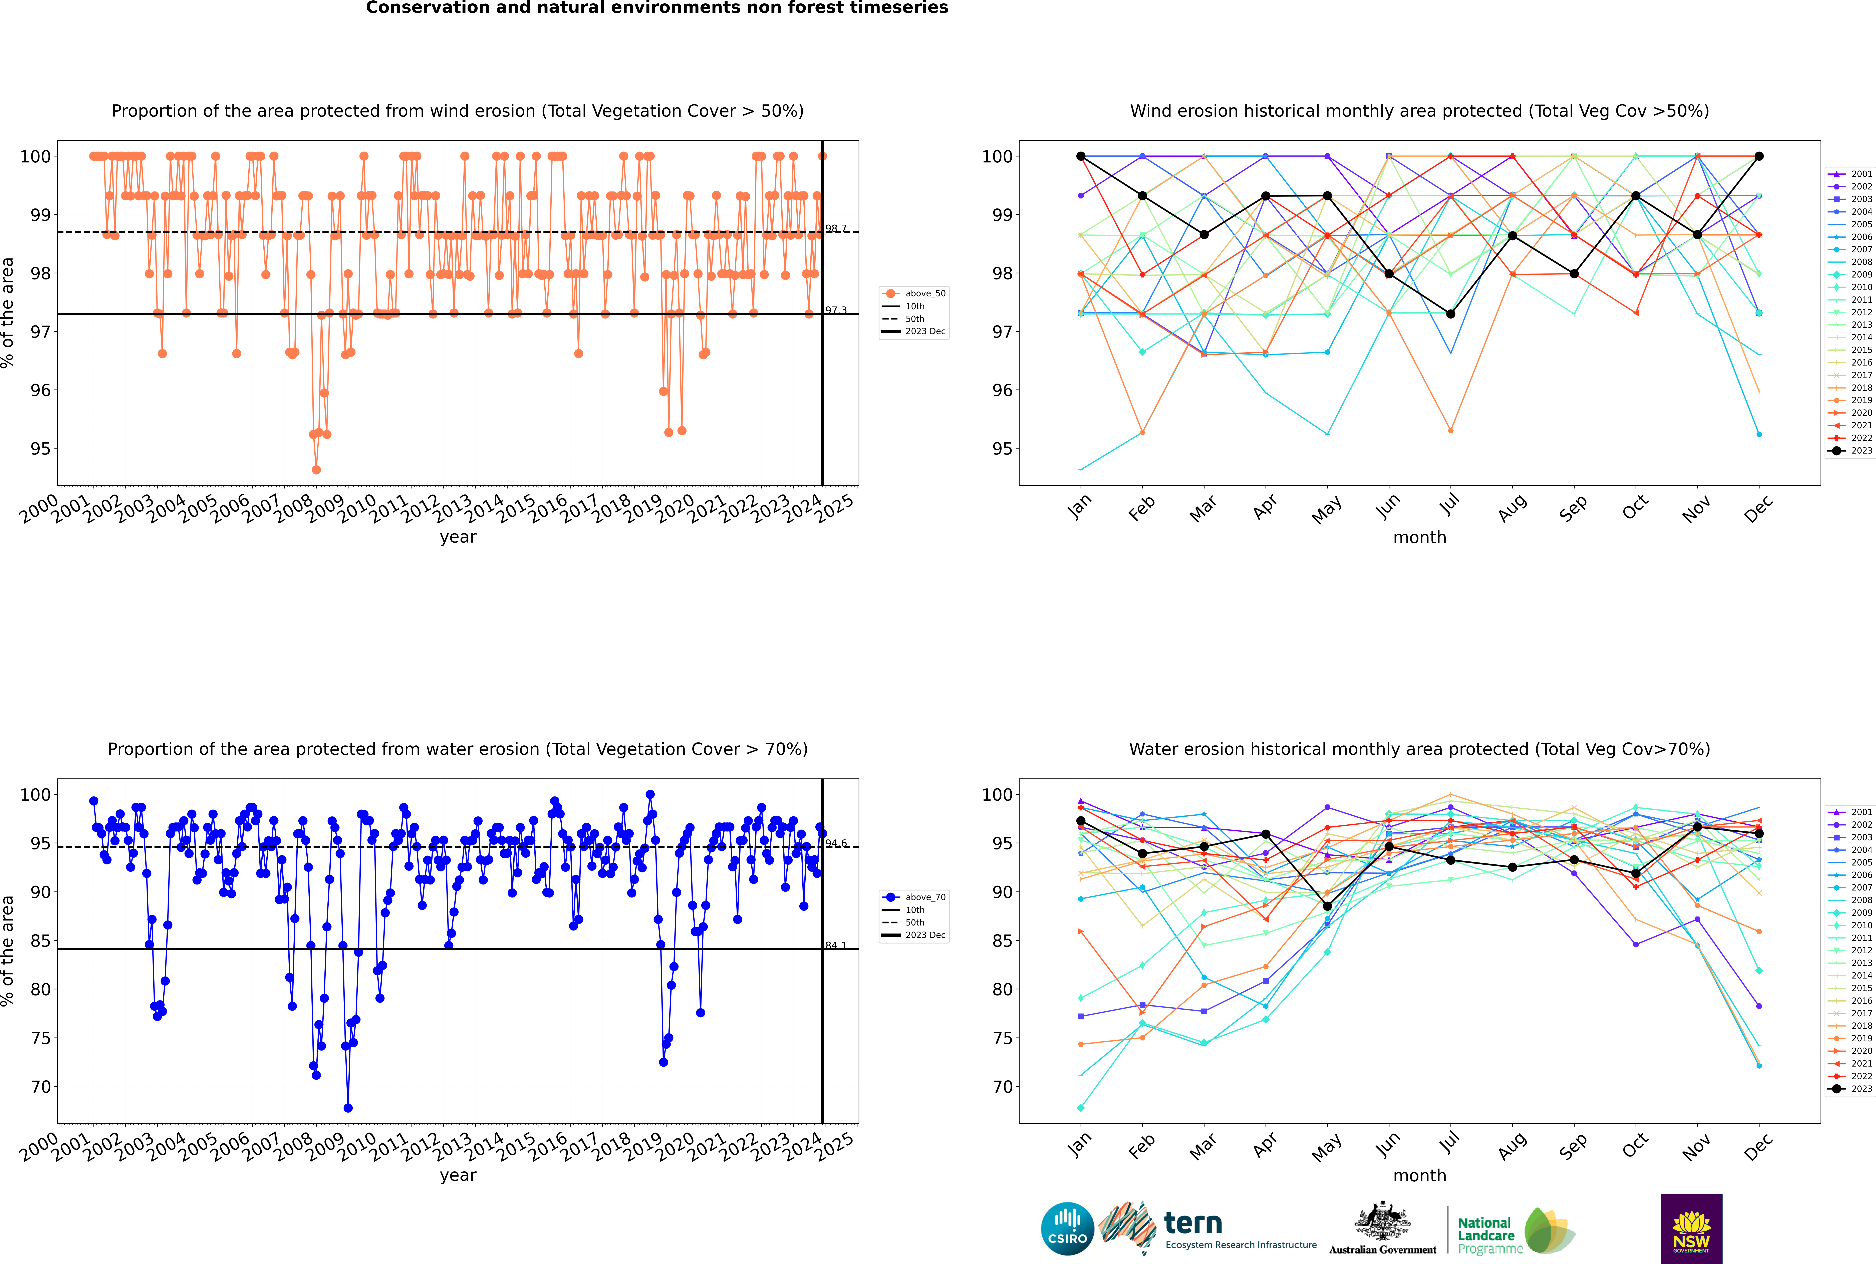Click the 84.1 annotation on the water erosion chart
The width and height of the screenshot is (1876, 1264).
(x=836, y=945)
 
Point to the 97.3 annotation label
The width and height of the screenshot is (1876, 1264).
(x=836, y=310)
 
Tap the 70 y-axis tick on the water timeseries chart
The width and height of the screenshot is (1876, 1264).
(x=40, y=1087)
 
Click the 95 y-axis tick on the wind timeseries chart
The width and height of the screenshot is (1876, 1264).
(x=40, y=449)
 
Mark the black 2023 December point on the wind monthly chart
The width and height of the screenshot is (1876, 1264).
(x=1759, y=156)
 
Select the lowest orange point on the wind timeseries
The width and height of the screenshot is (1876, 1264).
(x=316, y=469)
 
